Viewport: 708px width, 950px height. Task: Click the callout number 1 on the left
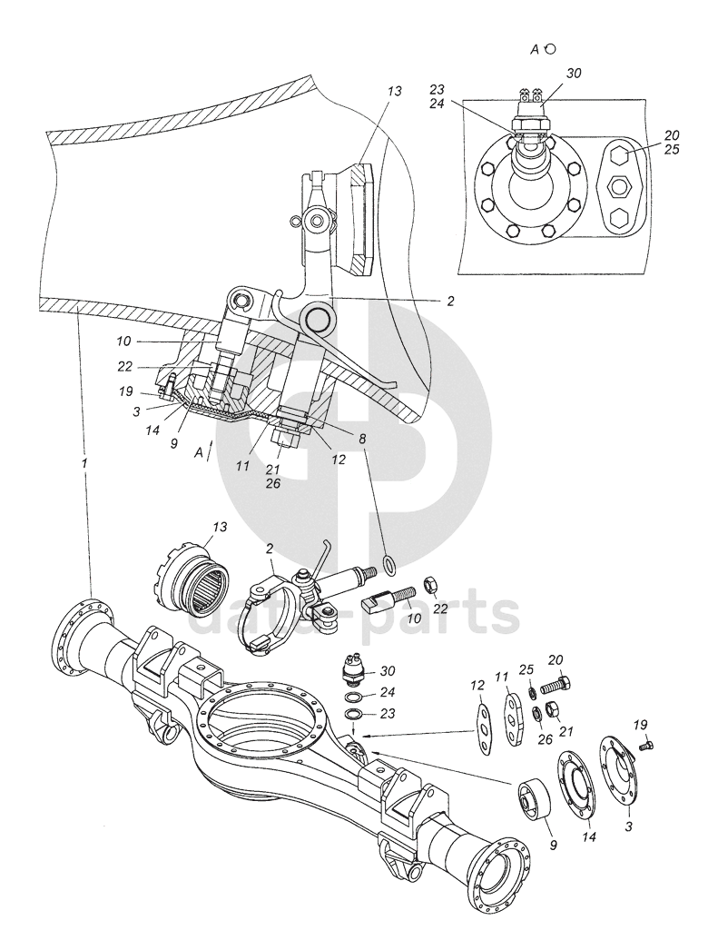[x=84, y=463]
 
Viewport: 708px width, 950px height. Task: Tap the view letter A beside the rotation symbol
[x=536, y=51]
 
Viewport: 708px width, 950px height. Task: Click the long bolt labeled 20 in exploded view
[x=556, y=680]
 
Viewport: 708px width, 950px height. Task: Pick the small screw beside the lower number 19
[x=647, y=744]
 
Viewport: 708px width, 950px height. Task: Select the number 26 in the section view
[x=272, y=484]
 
